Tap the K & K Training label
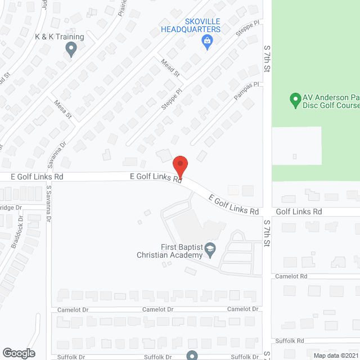point(59,37)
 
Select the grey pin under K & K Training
point(71,50)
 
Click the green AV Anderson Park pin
point(294,101)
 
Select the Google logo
point(18,353)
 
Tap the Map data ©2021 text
point(335,355)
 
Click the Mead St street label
point(169,68)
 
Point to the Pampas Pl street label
point(245,92)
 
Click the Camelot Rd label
point(291,276)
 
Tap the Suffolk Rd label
point(290,340)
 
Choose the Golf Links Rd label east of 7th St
point(299,211)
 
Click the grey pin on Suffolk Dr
point(192,355)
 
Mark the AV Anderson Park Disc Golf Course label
point(331,101)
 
